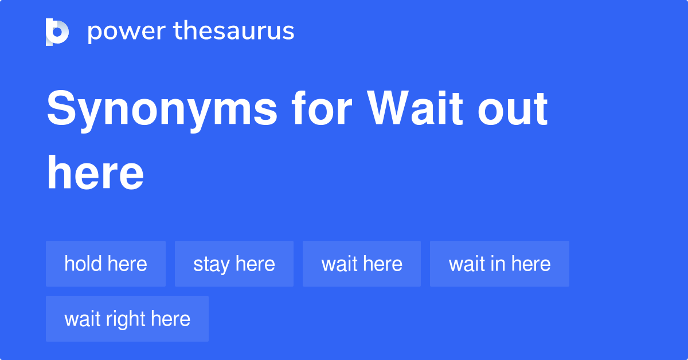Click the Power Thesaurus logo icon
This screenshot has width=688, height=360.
[x=57, y=32]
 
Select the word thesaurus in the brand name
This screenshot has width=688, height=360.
[x=234, y=32]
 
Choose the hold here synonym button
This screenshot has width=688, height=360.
[x=105, y=264]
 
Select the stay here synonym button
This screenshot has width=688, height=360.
[x=234, y=264]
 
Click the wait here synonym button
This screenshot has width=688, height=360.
[x=362, y=264]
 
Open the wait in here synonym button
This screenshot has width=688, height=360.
[x=499, y=264]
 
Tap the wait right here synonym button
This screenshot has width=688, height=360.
[x=127, y=319]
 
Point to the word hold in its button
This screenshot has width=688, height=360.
[x=83, y=264]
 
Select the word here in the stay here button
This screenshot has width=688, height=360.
[x=255, y=264]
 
